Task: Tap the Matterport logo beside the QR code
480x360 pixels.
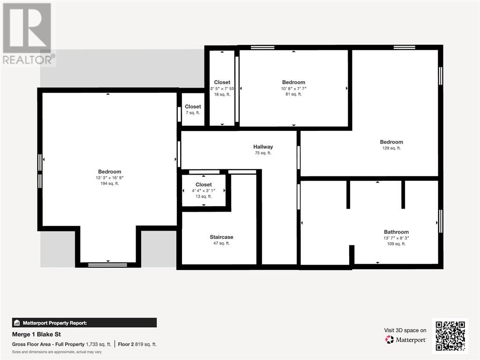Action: tap(406, 339)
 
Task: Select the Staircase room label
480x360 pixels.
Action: tap(221, 237)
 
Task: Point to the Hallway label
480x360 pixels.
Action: tap(263, 147)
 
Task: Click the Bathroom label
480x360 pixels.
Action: tap(396, 232)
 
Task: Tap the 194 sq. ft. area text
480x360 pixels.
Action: tap(109, 184)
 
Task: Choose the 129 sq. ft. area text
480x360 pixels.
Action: tap(391, 148)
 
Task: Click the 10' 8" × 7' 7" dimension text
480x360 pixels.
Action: tap(294, 88)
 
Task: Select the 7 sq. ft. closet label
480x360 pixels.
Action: tap(193, 113)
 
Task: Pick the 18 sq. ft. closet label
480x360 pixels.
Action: tap(222, 94)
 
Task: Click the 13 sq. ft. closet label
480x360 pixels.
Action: tap(204, 197)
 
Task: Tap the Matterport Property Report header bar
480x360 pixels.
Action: tap(84, 322)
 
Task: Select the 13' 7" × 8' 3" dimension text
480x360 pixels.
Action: tap(396, 238)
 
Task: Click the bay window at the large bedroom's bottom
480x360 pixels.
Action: tap(107, 265)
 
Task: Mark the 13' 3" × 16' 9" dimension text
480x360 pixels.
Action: tap(109, 178)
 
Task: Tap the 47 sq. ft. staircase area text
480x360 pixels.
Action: tap(221, 243)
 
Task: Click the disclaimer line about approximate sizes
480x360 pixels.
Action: tap(57, 352)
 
